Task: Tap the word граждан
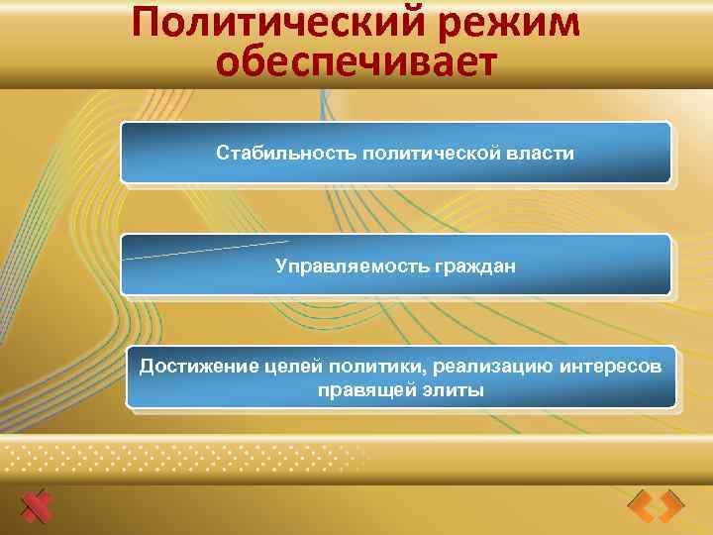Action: (x=473, y=267)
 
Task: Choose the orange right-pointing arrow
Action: (x=672, y=506)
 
